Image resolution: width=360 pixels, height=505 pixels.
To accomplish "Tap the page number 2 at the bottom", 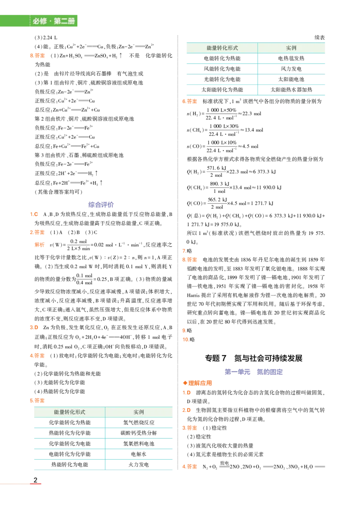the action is (36, 480).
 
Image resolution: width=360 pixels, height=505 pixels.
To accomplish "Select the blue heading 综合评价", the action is (101, 205).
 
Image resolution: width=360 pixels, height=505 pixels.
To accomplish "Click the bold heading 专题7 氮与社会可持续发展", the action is (254, 358).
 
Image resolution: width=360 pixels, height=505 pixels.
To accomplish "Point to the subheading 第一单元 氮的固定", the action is (254, 371).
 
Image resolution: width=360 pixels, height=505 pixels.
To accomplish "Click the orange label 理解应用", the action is (198, 383).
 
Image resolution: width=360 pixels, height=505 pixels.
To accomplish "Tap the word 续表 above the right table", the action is (319, 38).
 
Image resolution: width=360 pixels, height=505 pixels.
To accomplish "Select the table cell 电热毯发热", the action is (291, 58).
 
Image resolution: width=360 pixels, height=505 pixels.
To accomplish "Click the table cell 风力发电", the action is (291, 69).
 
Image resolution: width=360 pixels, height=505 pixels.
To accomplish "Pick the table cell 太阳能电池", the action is (291, 79).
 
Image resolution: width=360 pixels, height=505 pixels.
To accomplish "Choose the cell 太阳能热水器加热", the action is (291, 89).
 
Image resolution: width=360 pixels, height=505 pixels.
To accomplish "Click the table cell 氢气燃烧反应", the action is (139, 423).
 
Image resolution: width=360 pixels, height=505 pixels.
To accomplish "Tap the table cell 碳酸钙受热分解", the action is (139, 433).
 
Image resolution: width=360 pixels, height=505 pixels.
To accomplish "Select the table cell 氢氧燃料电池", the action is (139, 443).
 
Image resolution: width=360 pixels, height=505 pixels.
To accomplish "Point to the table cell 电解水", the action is (139, 454).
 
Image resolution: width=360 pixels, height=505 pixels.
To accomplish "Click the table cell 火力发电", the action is (139, 465).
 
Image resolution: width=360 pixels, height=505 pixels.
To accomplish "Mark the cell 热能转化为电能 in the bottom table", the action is (70, 465).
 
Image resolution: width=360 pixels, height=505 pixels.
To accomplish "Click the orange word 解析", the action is (40, 245).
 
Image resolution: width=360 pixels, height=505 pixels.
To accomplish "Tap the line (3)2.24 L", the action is (46, 38).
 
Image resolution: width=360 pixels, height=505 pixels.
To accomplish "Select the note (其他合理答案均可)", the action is (58, 192).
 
